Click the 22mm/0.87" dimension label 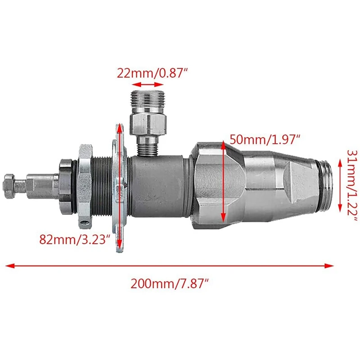(152, 73)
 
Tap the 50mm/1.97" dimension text (265, 139)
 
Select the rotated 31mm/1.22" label (352, 185)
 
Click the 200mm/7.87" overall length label (170, 283)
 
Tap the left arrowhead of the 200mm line (10, 266)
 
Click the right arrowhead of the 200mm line (329, 266)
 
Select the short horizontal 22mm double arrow (148, 85)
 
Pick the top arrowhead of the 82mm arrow (119, 129)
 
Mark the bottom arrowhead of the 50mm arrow (223, 218)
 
